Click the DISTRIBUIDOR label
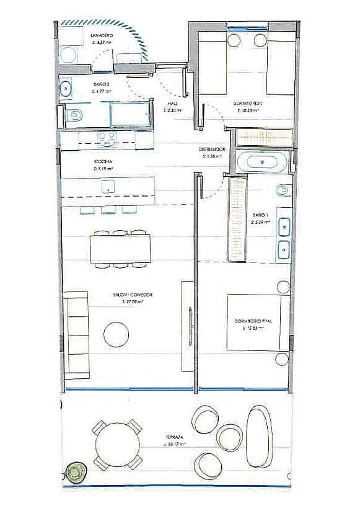211,149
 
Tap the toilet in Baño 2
75,115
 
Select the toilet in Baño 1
282,189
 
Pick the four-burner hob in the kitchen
107,138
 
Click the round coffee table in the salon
116,334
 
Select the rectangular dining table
120,249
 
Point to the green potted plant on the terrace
76,472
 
